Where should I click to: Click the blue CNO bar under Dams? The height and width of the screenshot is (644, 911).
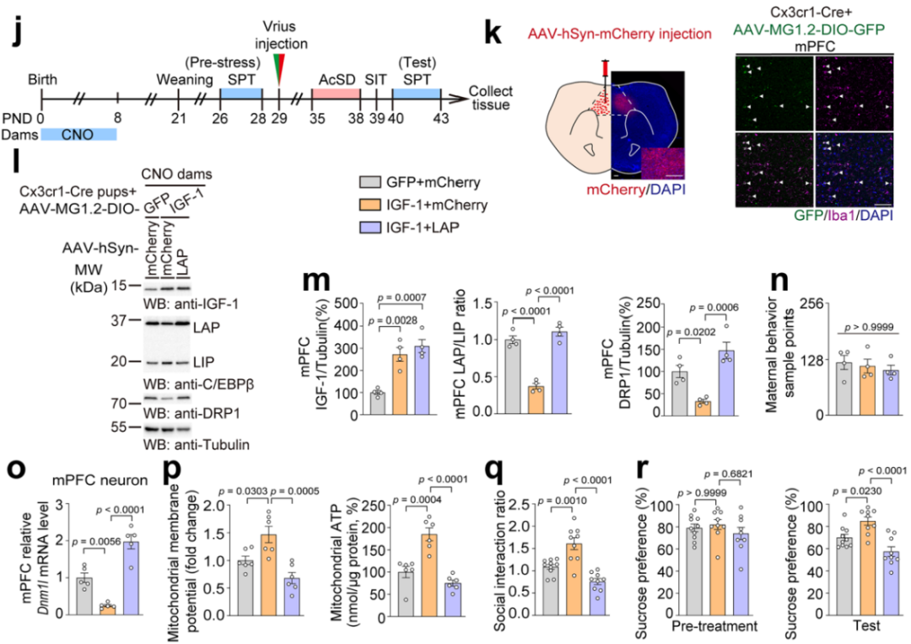[78, 134]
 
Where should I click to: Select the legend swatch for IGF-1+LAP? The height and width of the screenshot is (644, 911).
[369, 227]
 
